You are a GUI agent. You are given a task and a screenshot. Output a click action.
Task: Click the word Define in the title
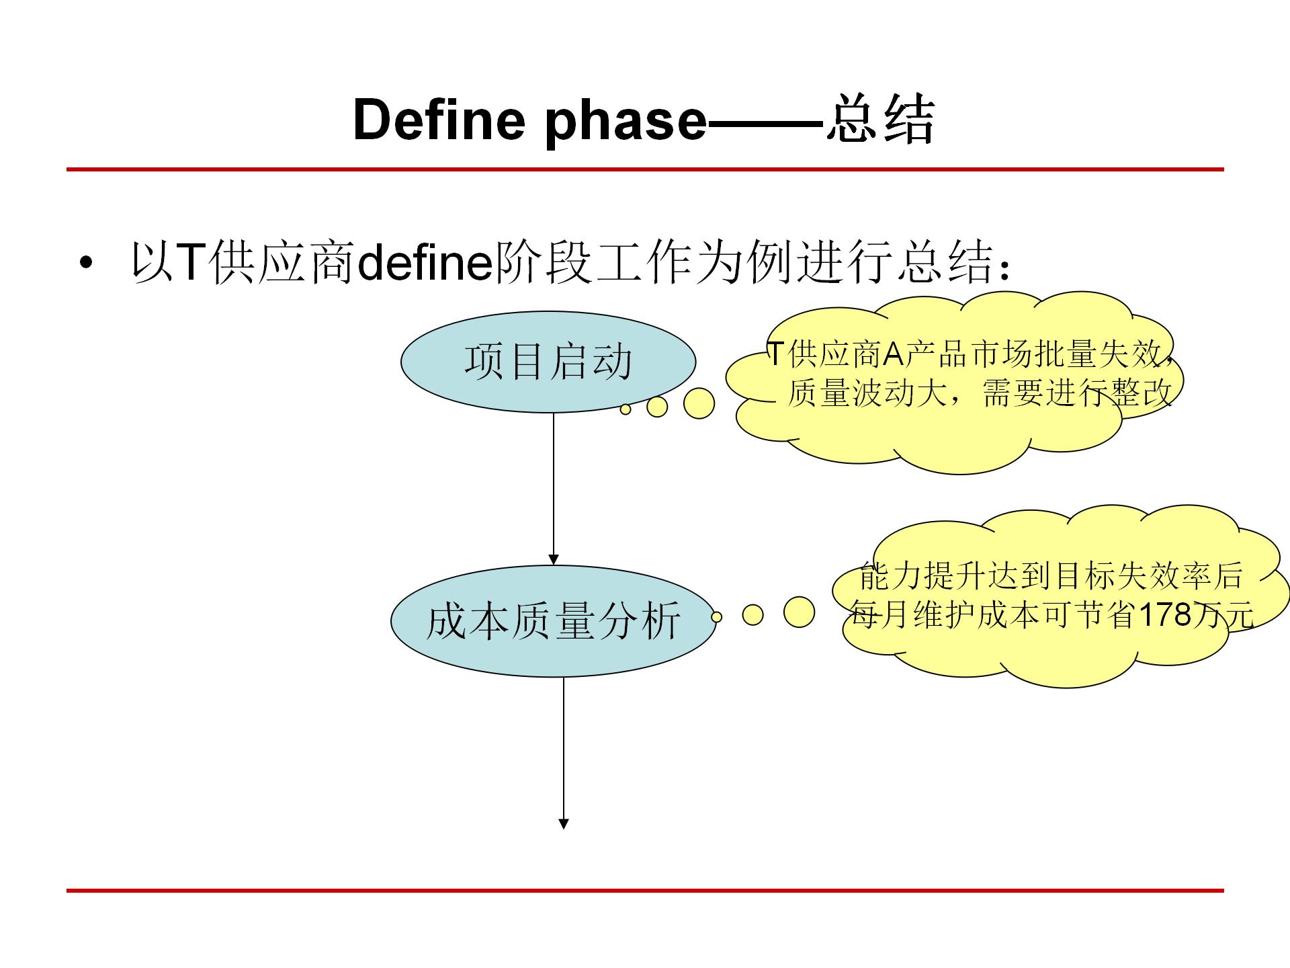coord(438,120)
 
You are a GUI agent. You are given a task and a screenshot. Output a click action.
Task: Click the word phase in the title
coord(625,121)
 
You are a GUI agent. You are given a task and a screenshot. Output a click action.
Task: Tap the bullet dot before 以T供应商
coord(85,263)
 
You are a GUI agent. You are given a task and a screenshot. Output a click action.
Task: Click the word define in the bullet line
coord(424,262)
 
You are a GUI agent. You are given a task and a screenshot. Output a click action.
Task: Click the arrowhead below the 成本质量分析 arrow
coord(564,823)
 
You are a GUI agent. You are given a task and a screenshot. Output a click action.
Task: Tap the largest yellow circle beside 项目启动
coord(699,403)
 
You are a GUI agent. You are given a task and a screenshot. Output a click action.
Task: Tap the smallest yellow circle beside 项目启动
coord(626,409)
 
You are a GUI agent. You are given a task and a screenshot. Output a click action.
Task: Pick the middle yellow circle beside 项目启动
coord(656,407)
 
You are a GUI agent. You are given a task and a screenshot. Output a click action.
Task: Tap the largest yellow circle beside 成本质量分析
coord(799,612)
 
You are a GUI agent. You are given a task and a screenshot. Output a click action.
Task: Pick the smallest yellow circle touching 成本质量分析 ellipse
coord(716,616)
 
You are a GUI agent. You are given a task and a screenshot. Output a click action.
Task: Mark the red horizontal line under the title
coord(645,169)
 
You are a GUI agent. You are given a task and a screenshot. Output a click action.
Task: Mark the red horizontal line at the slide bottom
coord(645,891)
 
